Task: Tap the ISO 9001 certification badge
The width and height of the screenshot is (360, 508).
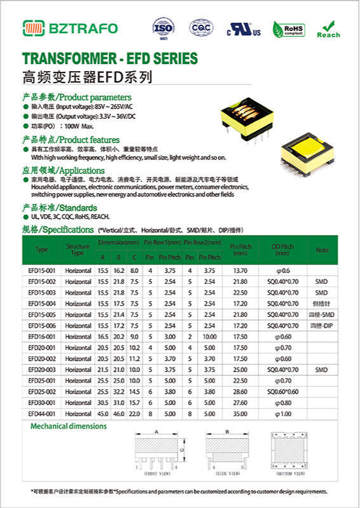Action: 163,29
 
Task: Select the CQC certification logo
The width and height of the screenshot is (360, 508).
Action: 201,28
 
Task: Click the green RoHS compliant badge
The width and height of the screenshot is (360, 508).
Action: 288,29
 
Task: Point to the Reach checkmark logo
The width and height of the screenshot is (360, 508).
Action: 328,29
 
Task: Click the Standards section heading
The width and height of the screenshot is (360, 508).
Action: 60,208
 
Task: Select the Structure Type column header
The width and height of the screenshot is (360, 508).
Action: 77,250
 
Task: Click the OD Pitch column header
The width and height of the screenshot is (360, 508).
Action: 283,250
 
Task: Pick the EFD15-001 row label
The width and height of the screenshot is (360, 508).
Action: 43,271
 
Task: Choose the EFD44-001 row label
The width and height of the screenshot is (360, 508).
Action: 43,413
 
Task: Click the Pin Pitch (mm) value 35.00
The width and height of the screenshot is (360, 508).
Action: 240,413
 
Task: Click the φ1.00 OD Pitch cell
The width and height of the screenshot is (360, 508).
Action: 283,413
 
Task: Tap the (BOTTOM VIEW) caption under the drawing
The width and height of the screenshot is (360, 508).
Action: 293,474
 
